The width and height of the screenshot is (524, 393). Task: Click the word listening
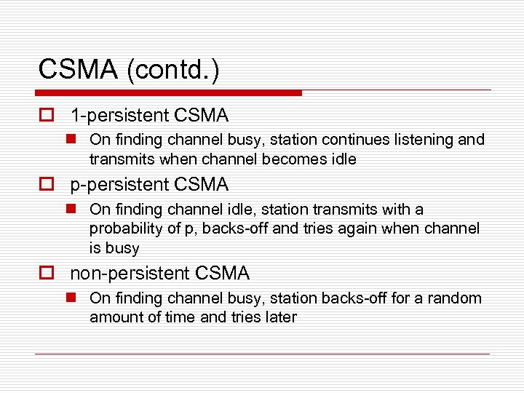coord(425,140)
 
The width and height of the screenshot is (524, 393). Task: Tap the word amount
coord(116,317)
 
